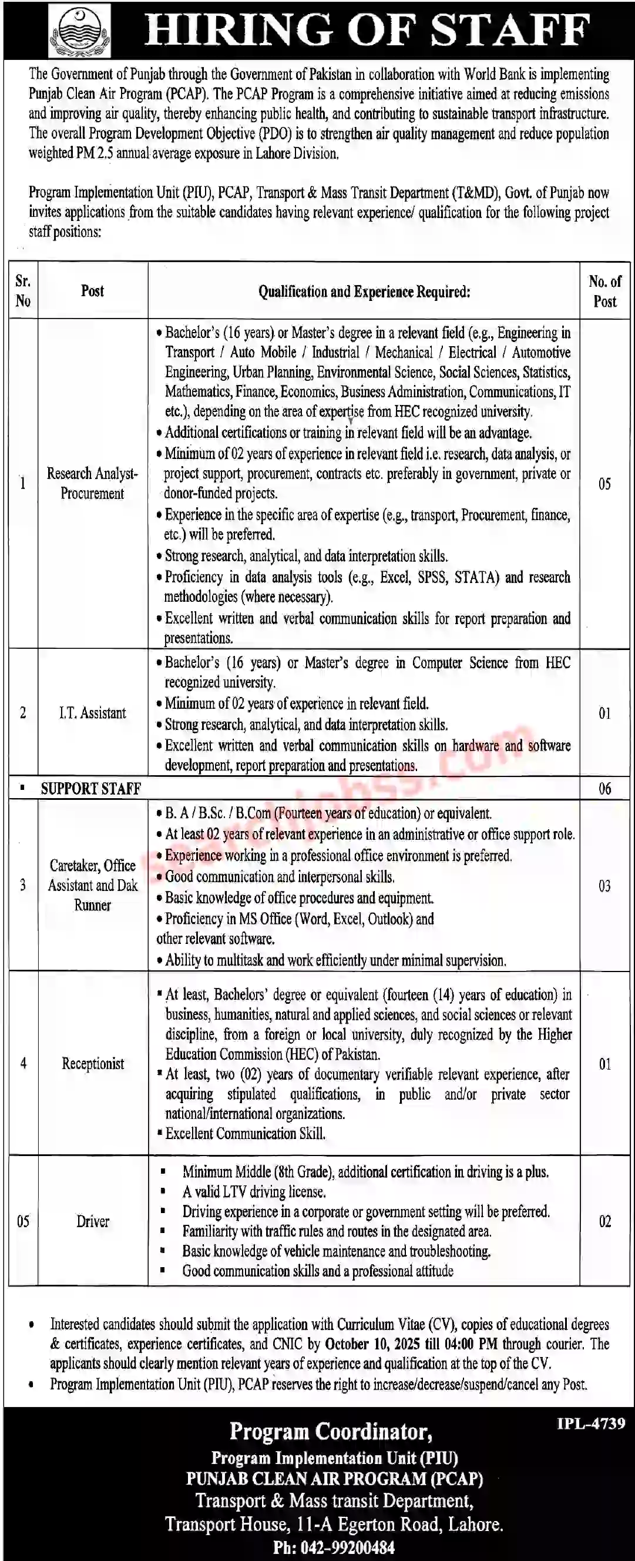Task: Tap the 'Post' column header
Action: (92, 291)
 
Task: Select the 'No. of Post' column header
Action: (604, 291)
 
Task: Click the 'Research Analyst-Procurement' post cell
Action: (92, 483)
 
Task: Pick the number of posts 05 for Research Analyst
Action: (604, 484)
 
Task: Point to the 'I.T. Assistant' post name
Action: (92, 713)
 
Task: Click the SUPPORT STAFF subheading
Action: (90, 788)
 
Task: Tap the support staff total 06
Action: (604, 788)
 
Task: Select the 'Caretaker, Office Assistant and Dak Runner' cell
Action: (93, 885)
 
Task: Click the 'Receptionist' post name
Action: (93, 1064)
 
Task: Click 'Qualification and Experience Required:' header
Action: (364, 292)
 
